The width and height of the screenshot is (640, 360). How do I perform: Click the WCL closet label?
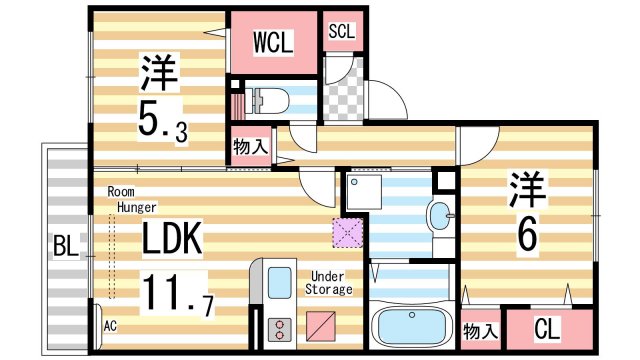(x=271, y=42)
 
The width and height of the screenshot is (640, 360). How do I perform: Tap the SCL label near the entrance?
(x=343, y=30)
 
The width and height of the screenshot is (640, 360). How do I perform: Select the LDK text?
(x=172, y=239)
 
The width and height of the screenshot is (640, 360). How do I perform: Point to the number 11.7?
(x=176, y=292)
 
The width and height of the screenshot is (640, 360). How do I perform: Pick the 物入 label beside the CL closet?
(x=480, y=329)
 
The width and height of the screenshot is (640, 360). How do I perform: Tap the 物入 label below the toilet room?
(x=250, y=146)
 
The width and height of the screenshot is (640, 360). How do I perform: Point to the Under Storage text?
(x=331, y=283)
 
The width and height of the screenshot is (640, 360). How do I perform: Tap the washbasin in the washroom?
(x=439, y=214)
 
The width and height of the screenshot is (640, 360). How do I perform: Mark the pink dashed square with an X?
(x=346, y=233)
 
